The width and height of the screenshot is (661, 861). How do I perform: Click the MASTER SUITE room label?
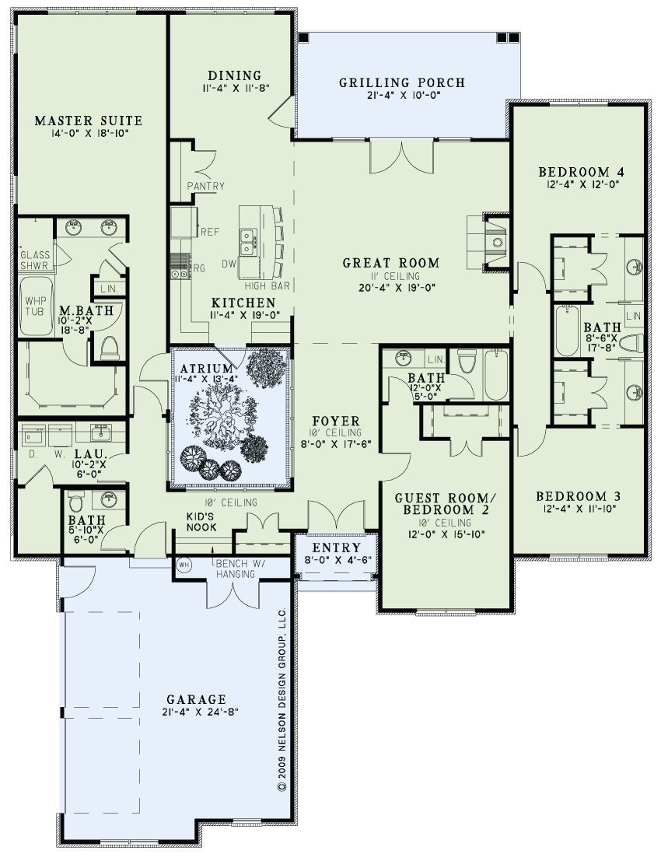point(89,121)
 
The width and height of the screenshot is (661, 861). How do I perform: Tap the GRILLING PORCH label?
point(402,83)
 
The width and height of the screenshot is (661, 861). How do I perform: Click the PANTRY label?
point(206,186)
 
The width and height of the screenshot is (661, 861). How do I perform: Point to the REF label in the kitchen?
point(210,233)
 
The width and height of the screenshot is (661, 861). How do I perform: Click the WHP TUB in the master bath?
point(37,306)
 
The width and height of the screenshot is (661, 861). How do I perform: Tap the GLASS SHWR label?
point(35,261)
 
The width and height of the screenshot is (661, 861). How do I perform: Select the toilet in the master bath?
point(110,348)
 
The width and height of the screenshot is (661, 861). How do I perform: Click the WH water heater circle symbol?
point(184,565)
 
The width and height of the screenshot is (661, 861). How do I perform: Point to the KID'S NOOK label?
point(201,522)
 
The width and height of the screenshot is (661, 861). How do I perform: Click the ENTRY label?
point(336,548)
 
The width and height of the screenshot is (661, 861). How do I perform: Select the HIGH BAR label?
point(268,286)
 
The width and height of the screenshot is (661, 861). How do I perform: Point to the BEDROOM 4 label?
point(581,172)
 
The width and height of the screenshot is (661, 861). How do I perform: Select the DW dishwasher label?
point(229,264)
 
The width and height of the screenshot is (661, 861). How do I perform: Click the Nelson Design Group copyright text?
point(282,699)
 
